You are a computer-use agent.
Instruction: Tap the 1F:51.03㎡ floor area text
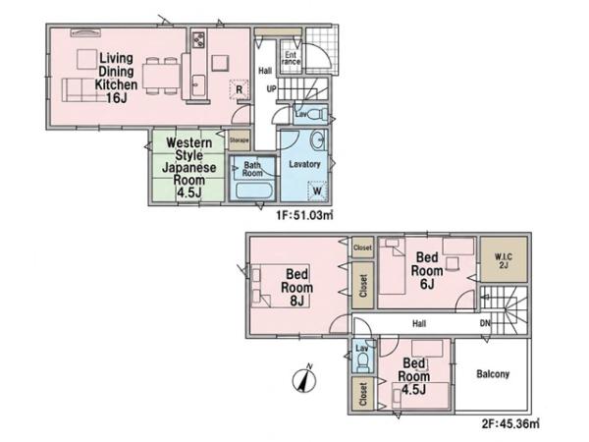(x=304, y=215)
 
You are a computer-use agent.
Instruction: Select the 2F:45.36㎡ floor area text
(x=510, y=424)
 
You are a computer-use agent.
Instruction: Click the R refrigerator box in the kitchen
(x=239, y=89)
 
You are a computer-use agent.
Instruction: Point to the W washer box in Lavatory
(x=317, y=191)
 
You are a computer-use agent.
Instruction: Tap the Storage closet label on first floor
(x=240, y=140)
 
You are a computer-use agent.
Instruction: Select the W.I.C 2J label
(x=504, y=261)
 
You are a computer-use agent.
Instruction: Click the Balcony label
(x=493, y=374)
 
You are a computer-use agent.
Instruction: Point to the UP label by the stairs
(x=271, y=89)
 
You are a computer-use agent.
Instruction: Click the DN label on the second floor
(x=485, y=323)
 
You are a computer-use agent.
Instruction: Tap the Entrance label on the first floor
(x=292, y=58)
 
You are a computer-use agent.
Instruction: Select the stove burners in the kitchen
(x=198, y=39)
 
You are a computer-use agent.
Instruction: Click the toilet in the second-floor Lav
(x=363, y=362)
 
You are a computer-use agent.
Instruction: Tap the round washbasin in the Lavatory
(x=318, y=140)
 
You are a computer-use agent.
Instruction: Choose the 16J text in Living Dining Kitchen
(x=117, y=98)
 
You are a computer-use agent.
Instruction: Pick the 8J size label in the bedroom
(x=296, y=301)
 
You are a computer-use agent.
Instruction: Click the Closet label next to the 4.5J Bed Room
(x=363, y=394)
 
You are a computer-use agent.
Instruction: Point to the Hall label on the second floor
(x=419, y=323)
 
